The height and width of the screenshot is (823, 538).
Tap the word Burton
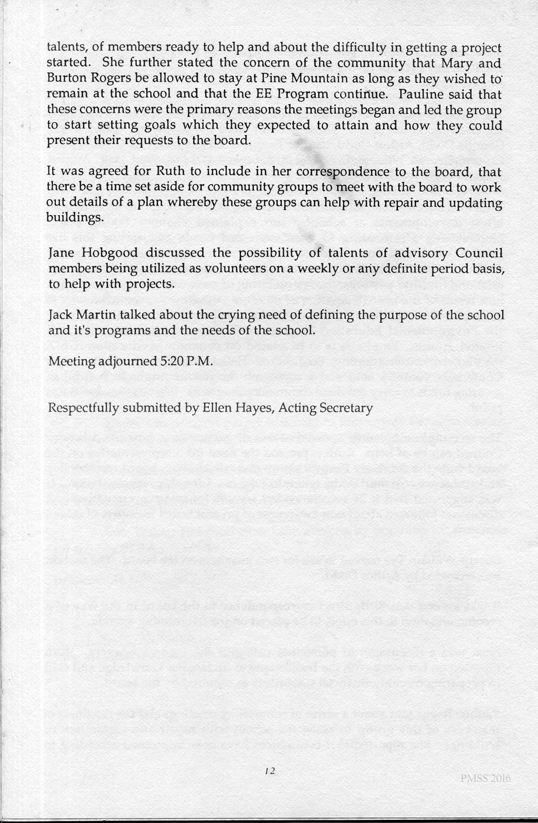[64, 79]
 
